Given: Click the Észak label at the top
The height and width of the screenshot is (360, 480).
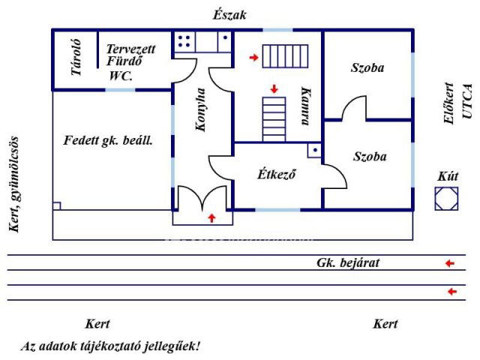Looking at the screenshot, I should tap(229, 15).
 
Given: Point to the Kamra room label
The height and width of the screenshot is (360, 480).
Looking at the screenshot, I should tap(304, 103).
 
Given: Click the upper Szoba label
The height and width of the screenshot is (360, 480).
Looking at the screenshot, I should tap(367, 68).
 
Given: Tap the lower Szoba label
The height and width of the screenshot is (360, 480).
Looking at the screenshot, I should tap(370, 157).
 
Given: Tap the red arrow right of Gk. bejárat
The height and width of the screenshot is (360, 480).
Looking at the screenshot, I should tap(449, 263).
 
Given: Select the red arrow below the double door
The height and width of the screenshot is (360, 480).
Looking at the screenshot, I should tap(211, 217).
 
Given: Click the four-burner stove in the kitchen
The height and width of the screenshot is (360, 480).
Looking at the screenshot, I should tap(186, 42).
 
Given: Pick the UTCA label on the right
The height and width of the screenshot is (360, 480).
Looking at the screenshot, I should tap(466, 102).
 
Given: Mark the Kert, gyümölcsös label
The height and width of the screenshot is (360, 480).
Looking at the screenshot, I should tap(13, 184).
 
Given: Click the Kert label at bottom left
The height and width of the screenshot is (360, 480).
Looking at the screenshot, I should tap(97, 324).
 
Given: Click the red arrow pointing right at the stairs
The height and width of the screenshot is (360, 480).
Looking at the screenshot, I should tap(254, 57).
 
